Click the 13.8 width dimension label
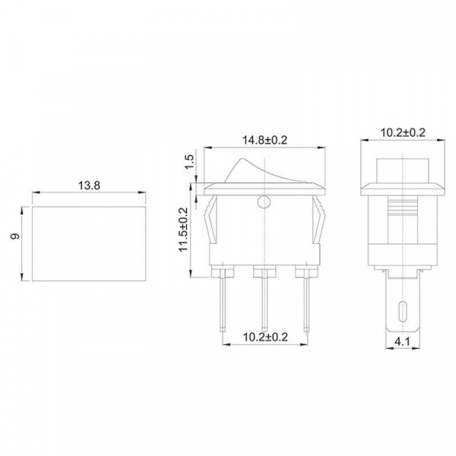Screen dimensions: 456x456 (x=89, y=185)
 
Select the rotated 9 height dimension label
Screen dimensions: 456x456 (x=15, y=236)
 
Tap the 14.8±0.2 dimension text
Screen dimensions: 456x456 (x=264, y=140)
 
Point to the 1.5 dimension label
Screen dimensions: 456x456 (x=189, y=162)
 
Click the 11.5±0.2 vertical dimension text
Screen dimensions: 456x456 (x=184, y=230)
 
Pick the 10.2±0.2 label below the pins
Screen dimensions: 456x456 (x=265, y=337)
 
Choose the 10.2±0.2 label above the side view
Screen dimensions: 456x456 (x=403, y=132)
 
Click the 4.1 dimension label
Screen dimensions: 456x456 (x=402, y=342)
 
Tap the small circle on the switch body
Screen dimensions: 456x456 (x=264, y=202)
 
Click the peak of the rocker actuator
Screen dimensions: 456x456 (x=242, y=159)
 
